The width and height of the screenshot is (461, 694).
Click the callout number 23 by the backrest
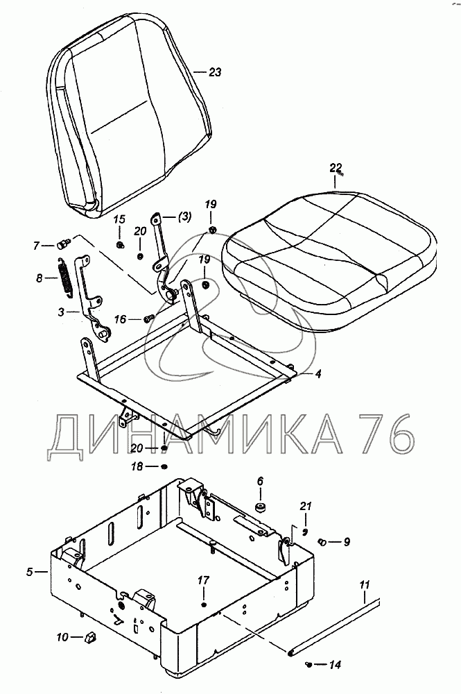coord(215,71)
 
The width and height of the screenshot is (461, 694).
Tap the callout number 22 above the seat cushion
coord(336,167)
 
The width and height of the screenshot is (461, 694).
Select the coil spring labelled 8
coord(62,279)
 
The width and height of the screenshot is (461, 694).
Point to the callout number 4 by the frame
coord(318,374)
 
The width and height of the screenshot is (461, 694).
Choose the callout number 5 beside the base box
coord(29,572)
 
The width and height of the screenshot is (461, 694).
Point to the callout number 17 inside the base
coord(203,579)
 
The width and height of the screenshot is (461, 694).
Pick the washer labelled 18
coord(164,467)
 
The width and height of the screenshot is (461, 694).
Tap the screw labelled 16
coord(147,319)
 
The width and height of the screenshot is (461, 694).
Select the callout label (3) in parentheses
coord(183,217)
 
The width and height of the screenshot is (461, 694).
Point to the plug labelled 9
coord(322,541)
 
